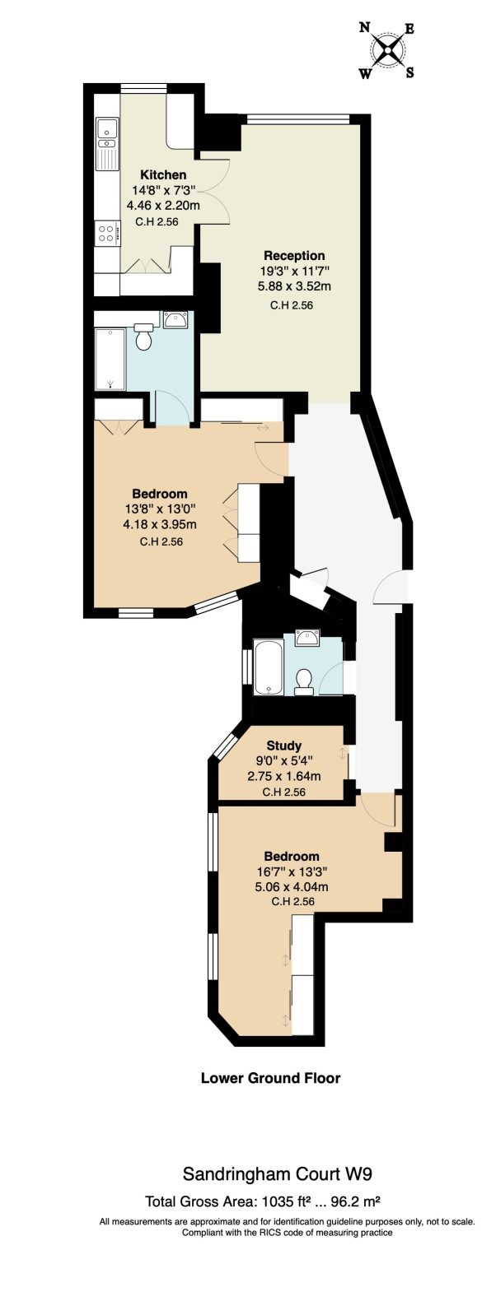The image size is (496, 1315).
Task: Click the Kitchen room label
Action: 163,174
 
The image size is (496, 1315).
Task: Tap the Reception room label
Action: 294,255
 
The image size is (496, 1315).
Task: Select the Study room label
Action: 284,746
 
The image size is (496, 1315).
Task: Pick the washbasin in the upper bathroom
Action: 175,321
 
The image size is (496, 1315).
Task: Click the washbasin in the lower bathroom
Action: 308,637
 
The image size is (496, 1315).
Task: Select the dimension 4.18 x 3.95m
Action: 159,524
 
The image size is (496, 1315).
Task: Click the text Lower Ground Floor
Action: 271,1078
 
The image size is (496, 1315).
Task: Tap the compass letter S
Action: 410,72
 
